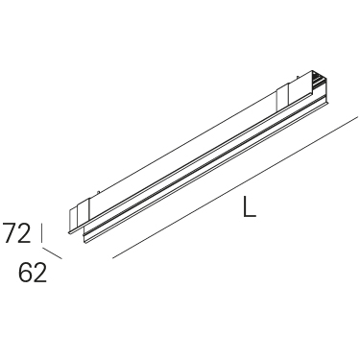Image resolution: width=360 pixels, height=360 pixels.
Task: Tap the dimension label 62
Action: (x=33, y=273)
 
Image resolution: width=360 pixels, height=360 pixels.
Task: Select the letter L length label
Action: (x=250, y=206)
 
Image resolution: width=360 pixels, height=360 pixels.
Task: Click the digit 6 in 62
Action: (x=25, y=273)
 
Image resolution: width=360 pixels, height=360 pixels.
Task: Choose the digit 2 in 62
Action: (x=40, y=273)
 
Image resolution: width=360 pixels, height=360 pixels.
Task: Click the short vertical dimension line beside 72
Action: (x=42, y=233)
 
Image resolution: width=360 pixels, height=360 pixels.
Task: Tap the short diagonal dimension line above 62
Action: (x=52, y=253)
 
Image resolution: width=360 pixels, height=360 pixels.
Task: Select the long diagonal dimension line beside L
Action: (x=235, y=187)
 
